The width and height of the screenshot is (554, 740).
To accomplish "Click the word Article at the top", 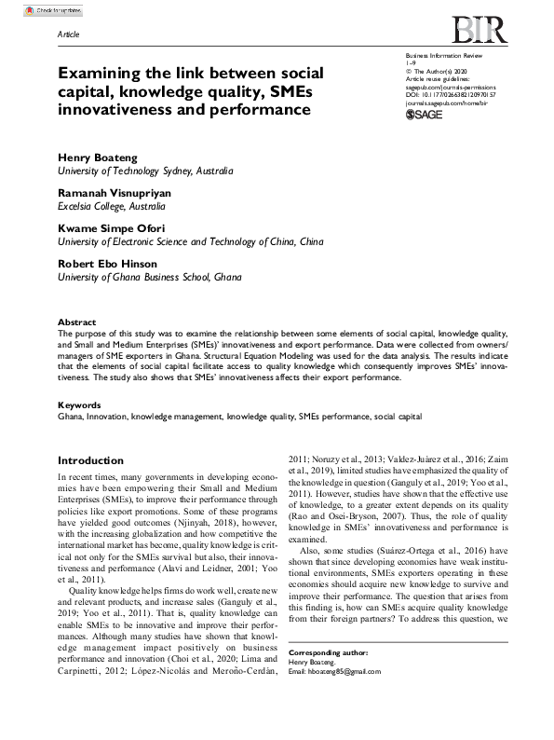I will pos(69,34).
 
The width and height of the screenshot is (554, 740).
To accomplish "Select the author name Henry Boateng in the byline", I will pos(97,159).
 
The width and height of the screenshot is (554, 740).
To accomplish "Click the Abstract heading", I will pos(77,322).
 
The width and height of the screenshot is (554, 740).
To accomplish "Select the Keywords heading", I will pos(80,406).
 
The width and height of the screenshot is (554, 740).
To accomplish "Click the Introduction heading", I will pos(90,460).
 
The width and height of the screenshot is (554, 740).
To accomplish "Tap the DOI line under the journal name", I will pos(452,93).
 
